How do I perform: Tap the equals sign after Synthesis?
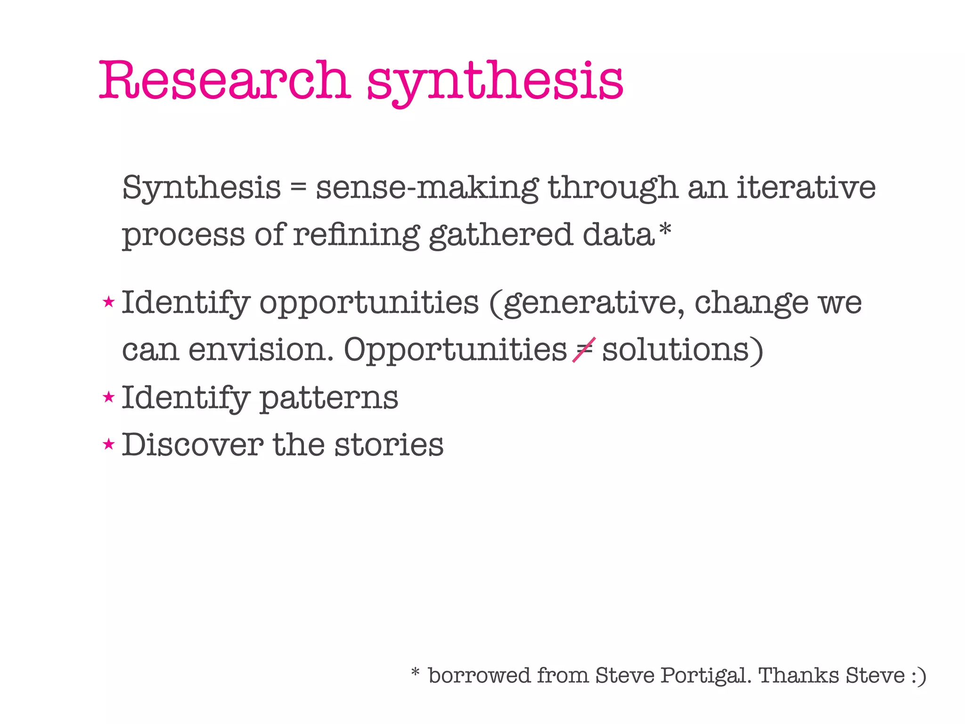coord(298,188)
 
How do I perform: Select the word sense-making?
coord(427,188)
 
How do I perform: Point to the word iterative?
coord(806,187)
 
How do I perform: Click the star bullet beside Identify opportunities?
coord(109,302)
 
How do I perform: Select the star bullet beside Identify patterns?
coord(109,397)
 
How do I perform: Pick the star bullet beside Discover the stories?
coord(109,444)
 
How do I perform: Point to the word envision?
coord(261,350)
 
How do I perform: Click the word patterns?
coord(329,398)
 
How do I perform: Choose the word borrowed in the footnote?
coord(478,675)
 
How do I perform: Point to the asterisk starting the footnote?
coord(415,671)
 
